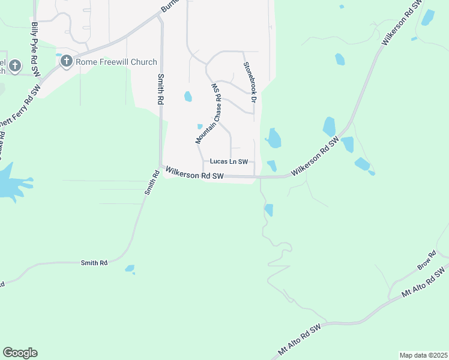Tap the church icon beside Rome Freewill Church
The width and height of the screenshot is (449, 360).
tap(66, 61)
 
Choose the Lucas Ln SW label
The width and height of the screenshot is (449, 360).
tap(229, 161)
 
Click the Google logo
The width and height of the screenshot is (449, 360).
tap(20, 353)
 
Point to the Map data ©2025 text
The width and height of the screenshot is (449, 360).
tap(423, 355)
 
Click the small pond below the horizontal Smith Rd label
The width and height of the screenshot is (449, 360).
tap(130, 269)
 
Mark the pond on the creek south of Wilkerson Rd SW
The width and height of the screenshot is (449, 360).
tap(269, 210)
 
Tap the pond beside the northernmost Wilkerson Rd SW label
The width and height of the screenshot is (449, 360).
tap(427, 17)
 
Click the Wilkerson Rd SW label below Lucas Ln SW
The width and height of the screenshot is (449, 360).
tap(194, 174)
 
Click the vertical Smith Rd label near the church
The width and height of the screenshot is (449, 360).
tap(160, 90)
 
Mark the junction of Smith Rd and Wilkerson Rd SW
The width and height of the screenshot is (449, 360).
tap(161, 167)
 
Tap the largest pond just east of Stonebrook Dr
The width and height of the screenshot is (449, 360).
tap(274, 139)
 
